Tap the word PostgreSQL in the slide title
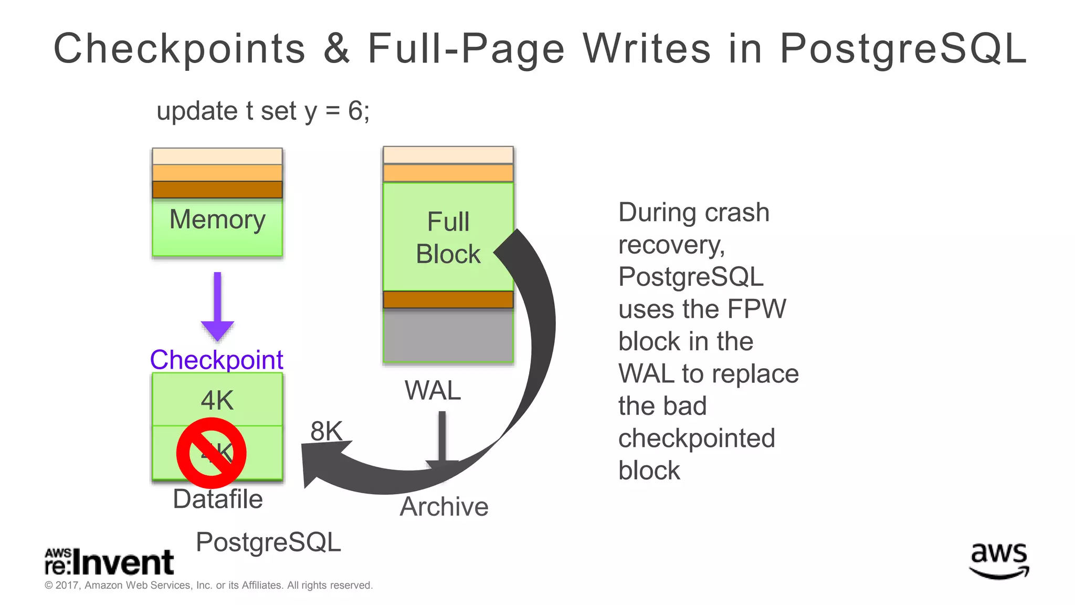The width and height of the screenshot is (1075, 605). point(903,49)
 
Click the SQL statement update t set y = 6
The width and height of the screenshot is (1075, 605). point(262,111)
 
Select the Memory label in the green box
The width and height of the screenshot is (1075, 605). point(217,220)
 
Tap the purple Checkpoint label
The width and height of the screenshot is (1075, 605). point(216,360)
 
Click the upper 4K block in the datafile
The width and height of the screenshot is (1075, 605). point(217,400)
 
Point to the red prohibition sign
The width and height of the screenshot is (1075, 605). point(212,453)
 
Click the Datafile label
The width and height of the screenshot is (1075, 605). point(217,499)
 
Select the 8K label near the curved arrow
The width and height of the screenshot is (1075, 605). point(326,431)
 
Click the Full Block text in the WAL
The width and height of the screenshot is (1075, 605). point(448,238)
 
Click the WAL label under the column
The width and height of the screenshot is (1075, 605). point(433,390)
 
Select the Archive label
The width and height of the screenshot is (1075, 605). point(444,507)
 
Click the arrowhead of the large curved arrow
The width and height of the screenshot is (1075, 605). point(320,462)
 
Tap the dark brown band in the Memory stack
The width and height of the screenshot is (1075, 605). point(217,190)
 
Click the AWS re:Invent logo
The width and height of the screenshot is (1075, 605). point(109,562)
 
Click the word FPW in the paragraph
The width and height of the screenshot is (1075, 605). point(761,309)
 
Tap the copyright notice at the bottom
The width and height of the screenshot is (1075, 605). point(208,585)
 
